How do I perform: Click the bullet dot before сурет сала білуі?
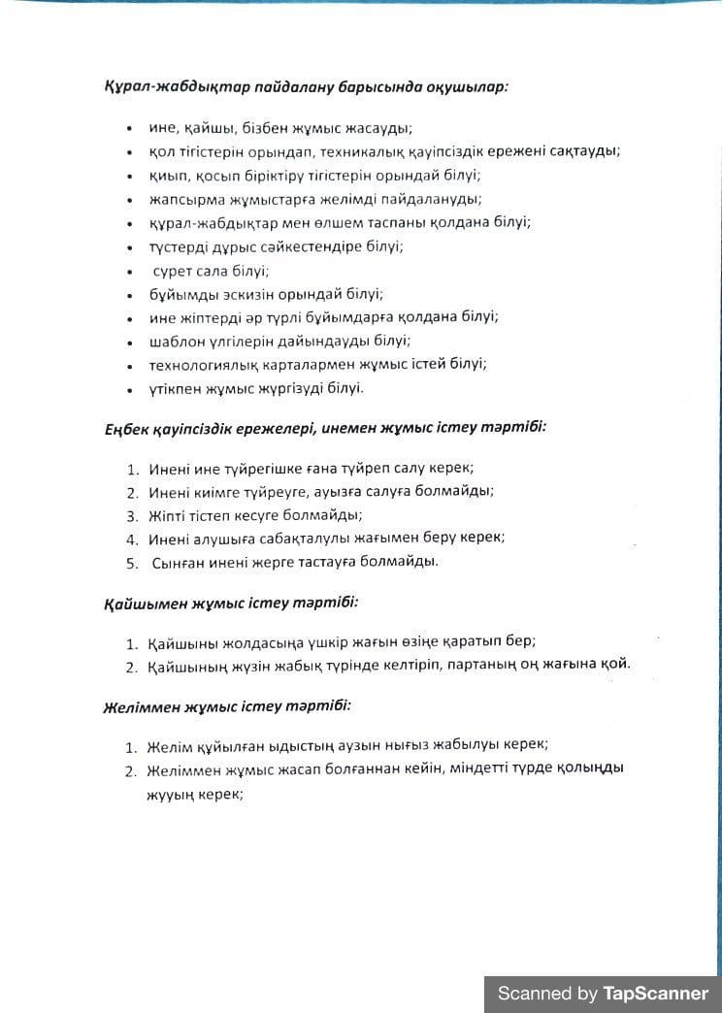(x=129, y=272)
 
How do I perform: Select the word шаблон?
(x=175, y=341)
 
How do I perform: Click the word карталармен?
(x=291, y=364)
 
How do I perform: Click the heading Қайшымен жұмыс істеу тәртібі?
(x=231, y=603)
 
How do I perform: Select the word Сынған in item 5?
(x=179, y=562)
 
